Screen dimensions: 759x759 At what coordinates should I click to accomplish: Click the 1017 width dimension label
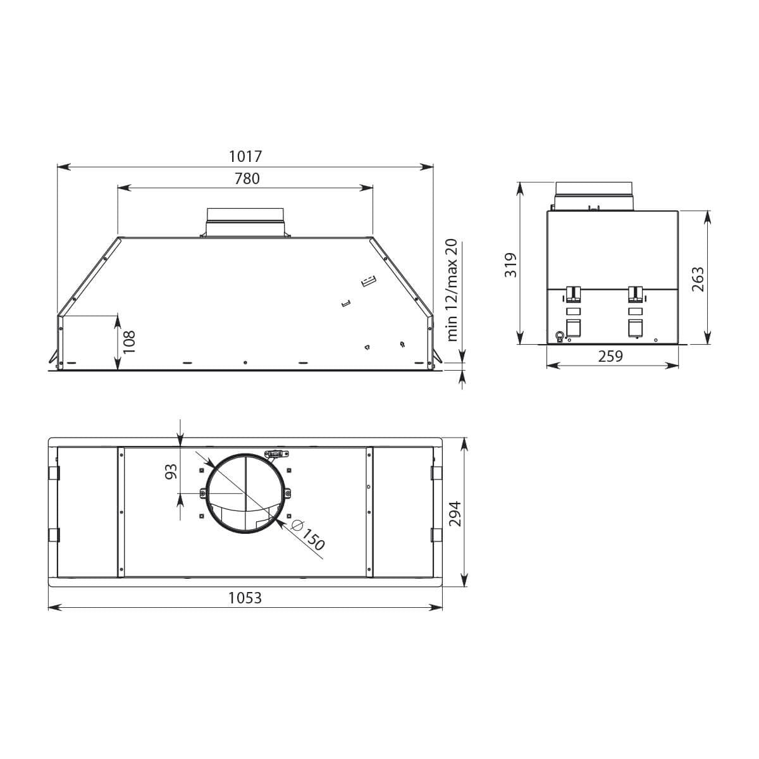[245, 156]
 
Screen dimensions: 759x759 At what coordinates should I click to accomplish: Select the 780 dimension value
[247, 179]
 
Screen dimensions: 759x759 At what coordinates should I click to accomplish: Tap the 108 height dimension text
[129, 342]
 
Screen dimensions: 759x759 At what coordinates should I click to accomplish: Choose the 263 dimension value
[698, 279]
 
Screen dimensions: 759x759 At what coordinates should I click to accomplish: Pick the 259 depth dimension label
[610, 356]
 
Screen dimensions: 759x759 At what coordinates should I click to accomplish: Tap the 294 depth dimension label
[455, 514]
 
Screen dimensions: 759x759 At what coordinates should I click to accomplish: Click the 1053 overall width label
[245, 598]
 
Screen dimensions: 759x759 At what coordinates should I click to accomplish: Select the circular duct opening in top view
[245, 494]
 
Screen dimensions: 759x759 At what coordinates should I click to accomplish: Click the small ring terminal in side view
[559, 336]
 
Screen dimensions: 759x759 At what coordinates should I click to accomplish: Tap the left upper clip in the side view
[573, 293]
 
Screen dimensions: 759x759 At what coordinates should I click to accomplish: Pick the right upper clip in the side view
[635, 293]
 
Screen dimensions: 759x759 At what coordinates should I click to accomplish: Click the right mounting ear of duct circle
[288, 494]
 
